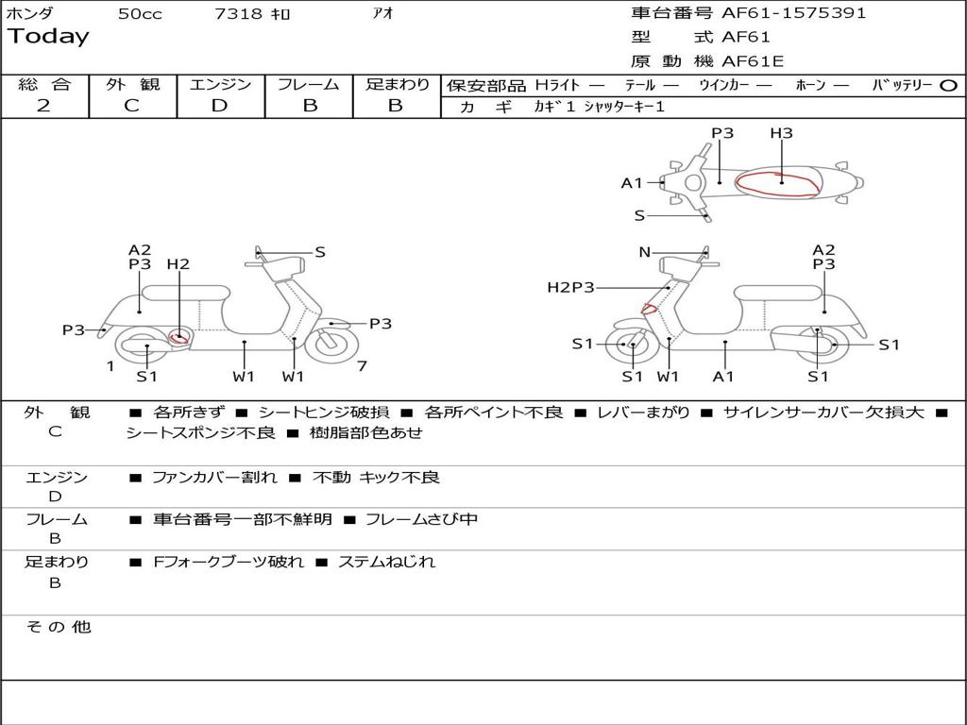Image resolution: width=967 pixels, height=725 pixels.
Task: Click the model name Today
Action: (48, 37)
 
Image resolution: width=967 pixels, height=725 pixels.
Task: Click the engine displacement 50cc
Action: (140, 14)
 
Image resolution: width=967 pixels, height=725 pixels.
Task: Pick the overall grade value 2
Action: (43, 106)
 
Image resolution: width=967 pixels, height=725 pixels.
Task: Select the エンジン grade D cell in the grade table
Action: (220, 106)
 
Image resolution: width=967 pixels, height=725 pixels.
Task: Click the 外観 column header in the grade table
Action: (132, 84)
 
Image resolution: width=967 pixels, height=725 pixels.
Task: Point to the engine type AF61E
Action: (753, 61)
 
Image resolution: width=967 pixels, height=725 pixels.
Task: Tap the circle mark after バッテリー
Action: (948, 85)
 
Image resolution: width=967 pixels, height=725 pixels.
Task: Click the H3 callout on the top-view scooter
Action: (781, 133)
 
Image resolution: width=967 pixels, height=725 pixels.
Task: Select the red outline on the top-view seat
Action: (776, 184)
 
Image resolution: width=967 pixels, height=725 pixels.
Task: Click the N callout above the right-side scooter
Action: (645, 252)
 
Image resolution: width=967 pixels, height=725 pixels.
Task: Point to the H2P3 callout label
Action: (570, 287)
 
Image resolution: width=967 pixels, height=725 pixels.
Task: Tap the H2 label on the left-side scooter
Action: (178, 264)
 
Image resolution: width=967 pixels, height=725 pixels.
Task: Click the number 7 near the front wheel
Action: (362, 365)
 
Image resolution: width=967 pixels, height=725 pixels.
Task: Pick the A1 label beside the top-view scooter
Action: (632, 183)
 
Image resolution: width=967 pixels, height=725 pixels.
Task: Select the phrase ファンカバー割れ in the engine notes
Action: (214, 478)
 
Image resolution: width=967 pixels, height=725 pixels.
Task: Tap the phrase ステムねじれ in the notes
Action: (386, 562)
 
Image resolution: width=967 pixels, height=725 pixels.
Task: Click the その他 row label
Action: (58, 627)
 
